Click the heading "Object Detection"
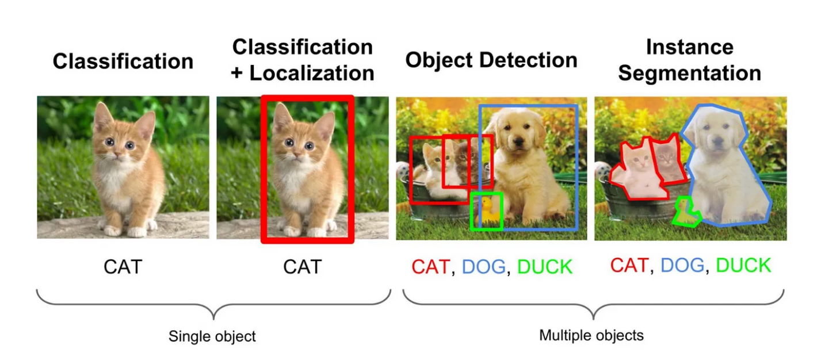(491, 60)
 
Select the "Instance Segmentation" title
(690, 60)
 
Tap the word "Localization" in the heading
(312, 73)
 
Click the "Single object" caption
(212, 336)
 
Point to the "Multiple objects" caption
(591, 335)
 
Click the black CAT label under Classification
(123, 267)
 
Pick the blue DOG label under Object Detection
(484, 267)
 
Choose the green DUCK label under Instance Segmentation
(743, 265)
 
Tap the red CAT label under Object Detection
(430, 267)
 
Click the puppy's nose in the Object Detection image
(518, 141)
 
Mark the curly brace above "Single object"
(213, 305)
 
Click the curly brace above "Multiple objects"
(593, 305)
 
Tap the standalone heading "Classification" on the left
(123, 61)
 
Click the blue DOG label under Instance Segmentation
(682, 265)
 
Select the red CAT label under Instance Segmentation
(629, 265)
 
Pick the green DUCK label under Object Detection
(545, 267)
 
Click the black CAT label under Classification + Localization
(303, 267)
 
